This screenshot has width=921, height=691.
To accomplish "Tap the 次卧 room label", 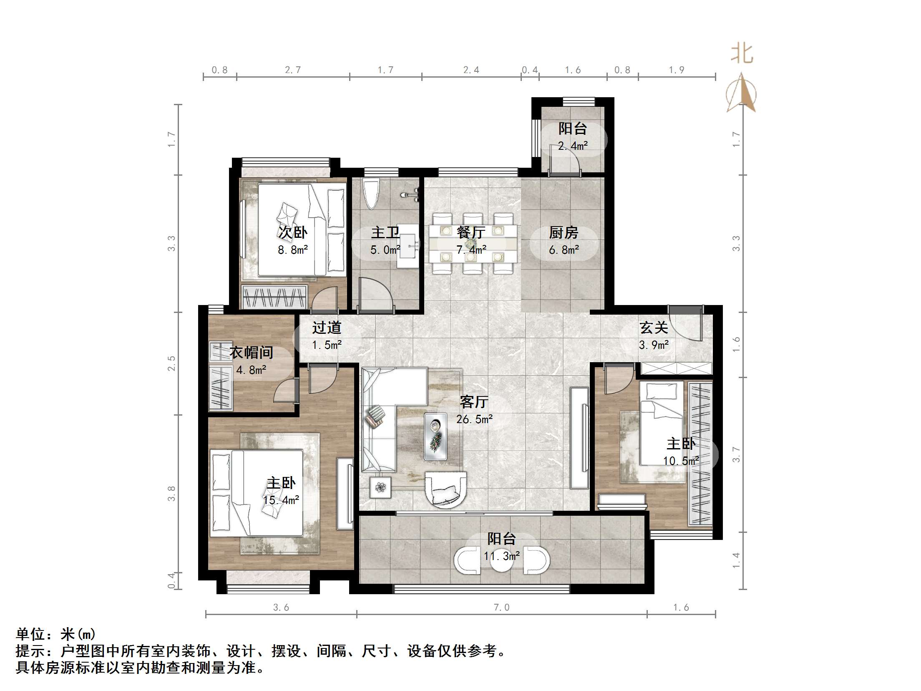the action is coord(293,232).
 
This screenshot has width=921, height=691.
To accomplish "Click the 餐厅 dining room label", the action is coord(471,232).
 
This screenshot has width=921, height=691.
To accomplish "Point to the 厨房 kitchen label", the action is coord(564,232).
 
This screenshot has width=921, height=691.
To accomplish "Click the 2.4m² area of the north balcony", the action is coord(573,146).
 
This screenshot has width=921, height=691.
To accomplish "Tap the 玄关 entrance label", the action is coord(654,328).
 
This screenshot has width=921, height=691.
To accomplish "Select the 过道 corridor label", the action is coord(327,328).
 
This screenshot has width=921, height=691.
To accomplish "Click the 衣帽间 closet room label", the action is coord(251,353).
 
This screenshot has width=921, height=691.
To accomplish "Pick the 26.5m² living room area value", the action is coord(474,419).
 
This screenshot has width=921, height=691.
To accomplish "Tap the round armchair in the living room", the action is coord(445,489).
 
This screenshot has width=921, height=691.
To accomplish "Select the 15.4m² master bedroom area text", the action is coord(281,500).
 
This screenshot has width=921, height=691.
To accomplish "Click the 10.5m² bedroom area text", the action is coord(681,461).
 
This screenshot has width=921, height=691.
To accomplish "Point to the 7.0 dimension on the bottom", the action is coord(501,608).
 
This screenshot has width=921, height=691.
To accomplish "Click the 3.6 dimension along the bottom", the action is coord(281,608).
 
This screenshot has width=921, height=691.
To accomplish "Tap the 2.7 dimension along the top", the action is coord(293,70).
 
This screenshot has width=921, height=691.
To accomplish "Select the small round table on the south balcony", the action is coord(501,561).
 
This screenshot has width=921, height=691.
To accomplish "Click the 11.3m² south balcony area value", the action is coord(502,556).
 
